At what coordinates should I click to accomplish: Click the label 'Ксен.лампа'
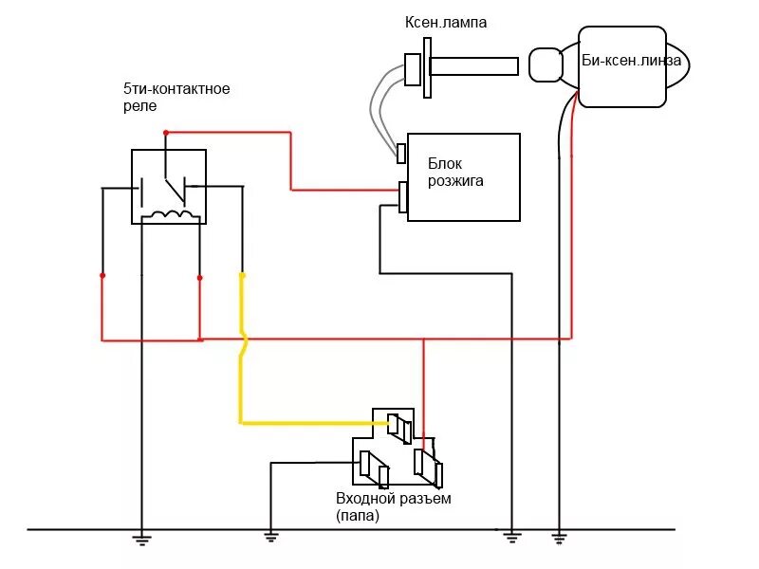click(x=445, y=22)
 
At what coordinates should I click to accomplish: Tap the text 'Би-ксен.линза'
click(x=631, y=61)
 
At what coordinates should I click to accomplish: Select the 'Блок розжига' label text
click(x=455, y=172)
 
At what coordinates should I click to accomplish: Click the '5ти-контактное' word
click(x=176, y=89)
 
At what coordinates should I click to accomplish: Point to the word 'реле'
click(x=139, y=106)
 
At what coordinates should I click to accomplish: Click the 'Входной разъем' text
click(x=394, y=499)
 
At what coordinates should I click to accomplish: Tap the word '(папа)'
click(x=358, y=515)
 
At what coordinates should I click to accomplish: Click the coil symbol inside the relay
click(x=170, y=215)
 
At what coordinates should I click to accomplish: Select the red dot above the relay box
click(x=165, y=133)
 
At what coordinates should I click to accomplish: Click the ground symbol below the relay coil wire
click(x=141, y=540)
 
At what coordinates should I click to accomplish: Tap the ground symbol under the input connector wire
click(x=271, y=537)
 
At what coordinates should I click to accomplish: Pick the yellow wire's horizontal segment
click(x=314, y=423)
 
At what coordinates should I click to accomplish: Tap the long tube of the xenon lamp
click(x=473, y=65)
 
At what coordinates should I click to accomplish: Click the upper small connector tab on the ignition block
click(x=401, y=154)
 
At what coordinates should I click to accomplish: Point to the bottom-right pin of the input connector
click(x=429, y=468)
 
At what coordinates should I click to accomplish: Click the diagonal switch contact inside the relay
click(x=176, y=191)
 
